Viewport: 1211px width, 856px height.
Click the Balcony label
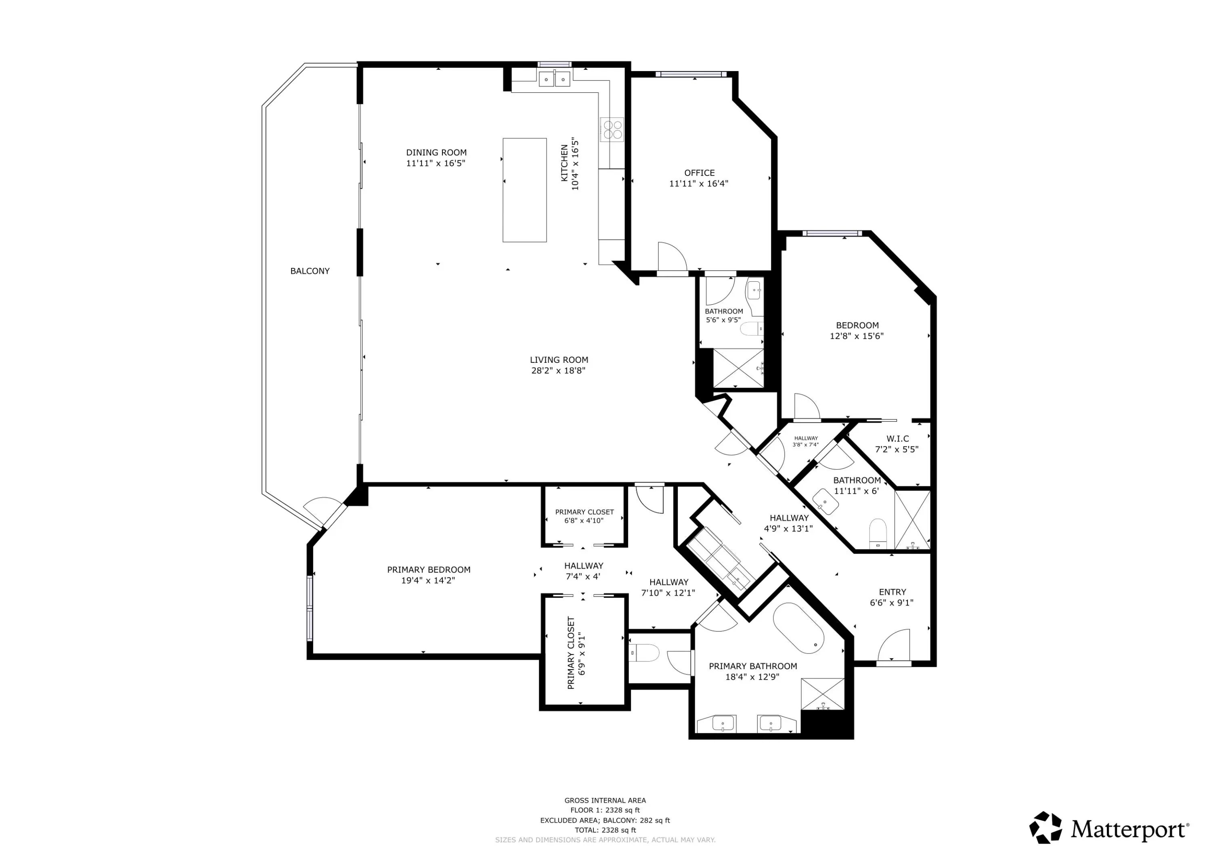pyautogui.click(x=310, y=271)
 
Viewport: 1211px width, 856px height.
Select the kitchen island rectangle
pyautogui.click(x=524, y=190)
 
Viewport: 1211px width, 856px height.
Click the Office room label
pyautogui.click(x=700, y=173)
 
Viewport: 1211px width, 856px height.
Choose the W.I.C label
pyautogui.click(x=898, y=439)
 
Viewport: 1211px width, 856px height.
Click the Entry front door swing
pyautogui.click(x=894, y=645)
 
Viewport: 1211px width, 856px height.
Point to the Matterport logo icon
pyautogui.click(x=1045, y=827)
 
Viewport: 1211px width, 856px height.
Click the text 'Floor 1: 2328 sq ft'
pyautogui.click(x=605, y=810)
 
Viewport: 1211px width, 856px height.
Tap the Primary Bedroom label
pyautogui.click(x=428, y=569)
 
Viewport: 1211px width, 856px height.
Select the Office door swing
pyautogui.click(x=673, y=257)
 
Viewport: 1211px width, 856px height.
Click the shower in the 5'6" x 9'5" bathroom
pyautogui.click(x=738, y=368)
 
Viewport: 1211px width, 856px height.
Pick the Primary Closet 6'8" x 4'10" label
pyautogui.click(x=585, y=516)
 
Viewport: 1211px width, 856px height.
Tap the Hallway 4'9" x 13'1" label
pyautogui.click(x=788, y=523)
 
